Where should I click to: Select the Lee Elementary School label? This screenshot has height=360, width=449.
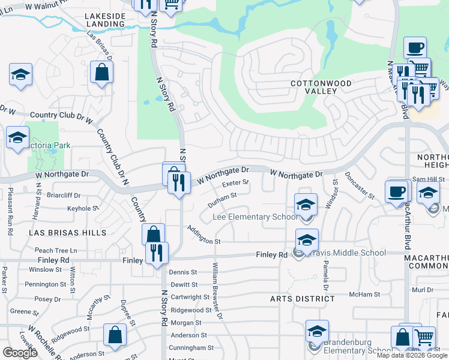coord(255,217)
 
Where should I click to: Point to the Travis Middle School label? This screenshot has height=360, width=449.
coord(349,253)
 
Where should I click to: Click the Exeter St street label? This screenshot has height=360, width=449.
coord(235,182)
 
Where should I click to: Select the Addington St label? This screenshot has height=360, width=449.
coord(203,235)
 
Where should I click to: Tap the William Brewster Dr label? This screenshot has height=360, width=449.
coord(216,289)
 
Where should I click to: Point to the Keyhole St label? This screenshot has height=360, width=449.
coord(83,208)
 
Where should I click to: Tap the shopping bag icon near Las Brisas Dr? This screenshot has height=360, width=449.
coord(102,73)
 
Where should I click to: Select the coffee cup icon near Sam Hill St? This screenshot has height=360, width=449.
coord(397,192)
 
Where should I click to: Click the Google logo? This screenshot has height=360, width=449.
coord(20,353)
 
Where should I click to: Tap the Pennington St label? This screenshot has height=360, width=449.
coord(45,284)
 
